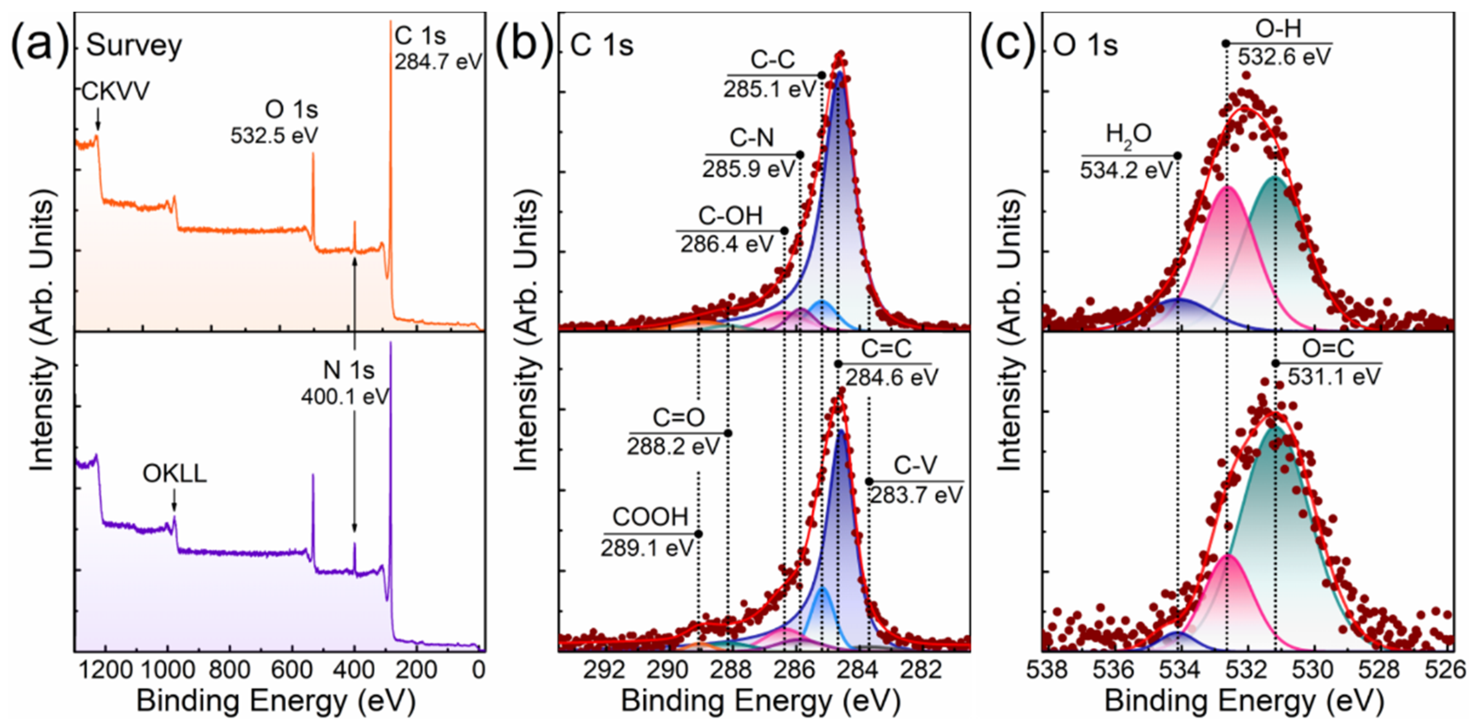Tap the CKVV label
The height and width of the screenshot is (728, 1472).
point(116,92)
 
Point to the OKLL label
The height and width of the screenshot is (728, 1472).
point(174,474)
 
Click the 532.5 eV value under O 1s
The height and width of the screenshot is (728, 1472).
point(274,136)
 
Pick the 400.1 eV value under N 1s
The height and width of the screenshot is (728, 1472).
point(345,396)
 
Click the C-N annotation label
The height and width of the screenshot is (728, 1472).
point(751,139)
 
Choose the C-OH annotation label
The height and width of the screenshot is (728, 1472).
point(730,216)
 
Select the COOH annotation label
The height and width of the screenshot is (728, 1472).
point(650,517)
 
